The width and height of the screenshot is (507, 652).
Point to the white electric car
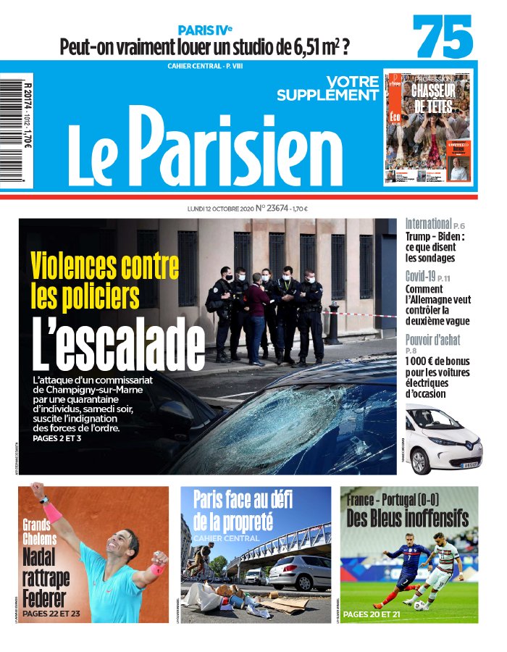click(x=434, y=439)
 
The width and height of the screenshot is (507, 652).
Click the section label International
click(x=428, y=224)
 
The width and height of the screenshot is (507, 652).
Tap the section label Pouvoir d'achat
click(x=432, y=340)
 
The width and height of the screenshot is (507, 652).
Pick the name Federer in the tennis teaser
click(x=44, y=598)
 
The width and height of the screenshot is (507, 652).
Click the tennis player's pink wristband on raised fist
click(x=52, y=513)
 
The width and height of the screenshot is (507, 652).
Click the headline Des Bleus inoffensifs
click(x=408, y=518)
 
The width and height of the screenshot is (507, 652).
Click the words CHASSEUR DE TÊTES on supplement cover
click(x=432, y=99)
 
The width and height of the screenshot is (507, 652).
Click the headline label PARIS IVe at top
click(x=206, y=30)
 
